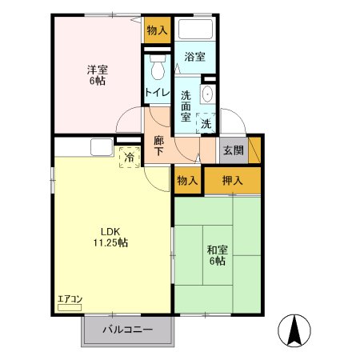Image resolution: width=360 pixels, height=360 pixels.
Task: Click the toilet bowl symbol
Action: pos(158,68)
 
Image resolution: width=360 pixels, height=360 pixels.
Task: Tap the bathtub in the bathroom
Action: pos(195,29)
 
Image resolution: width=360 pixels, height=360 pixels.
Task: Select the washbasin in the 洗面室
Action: pos(207,94)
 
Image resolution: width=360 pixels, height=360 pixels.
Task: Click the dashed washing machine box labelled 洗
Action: pos(206,123)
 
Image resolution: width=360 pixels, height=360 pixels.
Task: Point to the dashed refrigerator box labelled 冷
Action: pos(130,158)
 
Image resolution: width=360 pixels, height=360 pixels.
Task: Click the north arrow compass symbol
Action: pos(294,330)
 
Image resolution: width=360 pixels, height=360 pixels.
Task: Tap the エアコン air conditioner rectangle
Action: pos(70,308)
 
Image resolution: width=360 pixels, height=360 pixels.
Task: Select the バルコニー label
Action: pos(128,330)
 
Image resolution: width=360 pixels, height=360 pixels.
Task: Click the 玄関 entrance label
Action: pos(234,150)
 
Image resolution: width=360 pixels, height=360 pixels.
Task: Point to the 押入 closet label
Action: pos(233,181)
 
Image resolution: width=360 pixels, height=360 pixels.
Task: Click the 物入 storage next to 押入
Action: pos(187,181)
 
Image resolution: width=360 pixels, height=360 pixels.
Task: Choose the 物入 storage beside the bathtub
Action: pos(158,30)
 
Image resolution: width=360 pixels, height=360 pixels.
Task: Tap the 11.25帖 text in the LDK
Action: pos(110,242)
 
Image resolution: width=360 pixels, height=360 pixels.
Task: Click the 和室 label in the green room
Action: pos(218,250)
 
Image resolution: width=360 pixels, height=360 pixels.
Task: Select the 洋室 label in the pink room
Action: pos(98,70)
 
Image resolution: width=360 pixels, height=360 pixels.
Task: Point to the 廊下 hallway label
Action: pos(159,146)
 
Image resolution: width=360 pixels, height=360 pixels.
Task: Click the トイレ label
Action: pos(158,93)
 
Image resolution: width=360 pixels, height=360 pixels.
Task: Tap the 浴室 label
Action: pos(195,57)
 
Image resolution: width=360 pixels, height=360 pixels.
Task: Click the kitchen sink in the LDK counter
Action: pos(102,147)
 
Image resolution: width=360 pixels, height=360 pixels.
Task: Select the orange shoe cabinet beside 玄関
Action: pos(254,150)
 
